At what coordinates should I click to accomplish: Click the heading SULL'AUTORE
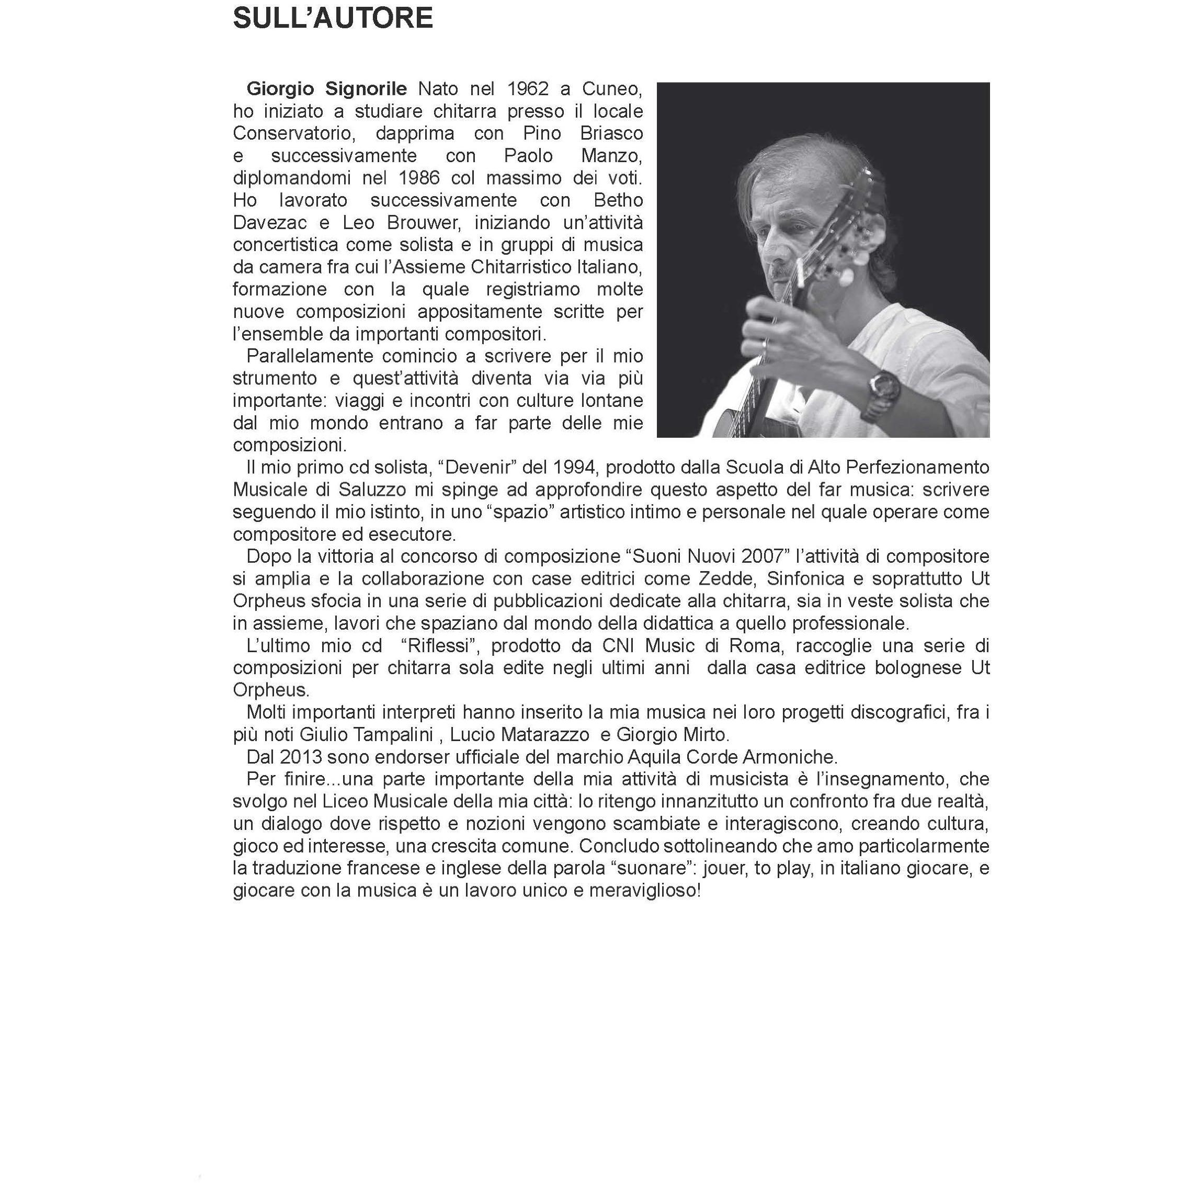pyautogui.click(x=333, y=19)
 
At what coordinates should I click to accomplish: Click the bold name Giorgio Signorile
pyautogui.click(x=326, y=89)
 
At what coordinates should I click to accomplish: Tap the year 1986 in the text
pyautogui.click(x=420, y=178)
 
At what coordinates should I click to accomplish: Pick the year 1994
pyautogui.click(x=573, y=468)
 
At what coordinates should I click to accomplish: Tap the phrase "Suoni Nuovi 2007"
pyautogui.click(x=709, y=556)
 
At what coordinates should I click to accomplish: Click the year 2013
pyautogui.click(x=301, y=757)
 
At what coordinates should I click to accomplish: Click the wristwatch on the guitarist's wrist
pyautogui.click(x=883, y=391)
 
